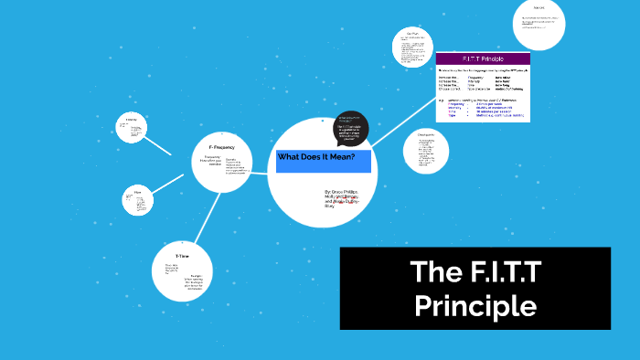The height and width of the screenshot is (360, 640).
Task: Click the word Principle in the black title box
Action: (475, 304)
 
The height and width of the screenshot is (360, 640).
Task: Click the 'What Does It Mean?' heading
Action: (315, 157)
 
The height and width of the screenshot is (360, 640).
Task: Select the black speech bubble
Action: (351, 128)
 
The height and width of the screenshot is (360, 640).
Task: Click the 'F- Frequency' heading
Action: (223, 146)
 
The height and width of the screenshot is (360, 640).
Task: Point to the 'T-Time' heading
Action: (183, 255)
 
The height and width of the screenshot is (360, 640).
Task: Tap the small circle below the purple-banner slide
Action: (425, 149)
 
